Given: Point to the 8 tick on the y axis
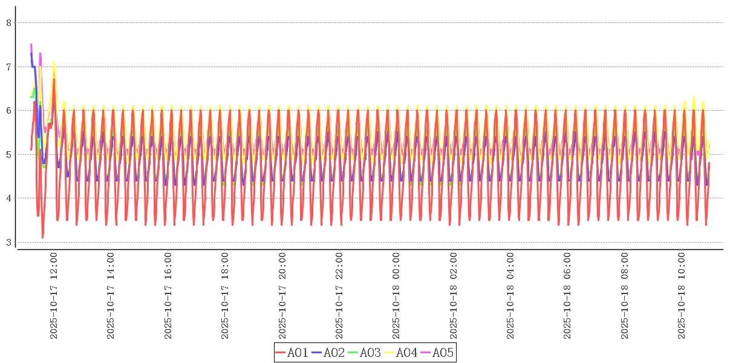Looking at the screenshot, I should click(x=8, y=23).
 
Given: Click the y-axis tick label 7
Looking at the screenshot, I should click(x=8, y=67).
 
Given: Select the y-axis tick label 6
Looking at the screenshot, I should click(x=8, y=111).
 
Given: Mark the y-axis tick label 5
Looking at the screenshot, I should click(x=8, y=155).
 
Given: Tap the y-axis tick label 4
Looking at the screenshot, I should click(x=8, y=198).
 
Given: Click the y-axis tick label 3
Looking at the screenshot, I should click(x=8, y=243).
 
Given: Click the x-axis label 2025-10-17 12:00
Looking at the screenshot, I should click(x=54, y=296).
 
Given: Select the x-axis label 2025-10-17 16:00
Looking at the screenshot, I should click(x=168, y=296).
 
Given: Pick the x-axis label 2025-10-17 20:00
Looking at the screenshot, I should click(x=282, y=296).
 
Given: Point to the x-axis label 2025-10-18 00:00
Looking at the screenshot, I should click(x=397, y=296).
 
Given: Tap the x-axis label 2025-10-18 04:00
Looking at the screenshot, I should click(x=511, y=296).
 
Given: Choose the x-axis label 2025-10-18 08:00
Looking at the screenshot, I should click(x=625, y=296).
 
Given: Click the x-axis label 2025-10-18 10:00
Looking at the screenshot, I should click(x=682, y=296).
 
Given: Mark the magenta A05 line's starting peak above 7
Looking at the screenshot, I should click(x=31, y=45).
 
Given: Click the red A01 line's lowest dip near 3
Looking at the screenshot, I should click(x=42, y=237).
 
